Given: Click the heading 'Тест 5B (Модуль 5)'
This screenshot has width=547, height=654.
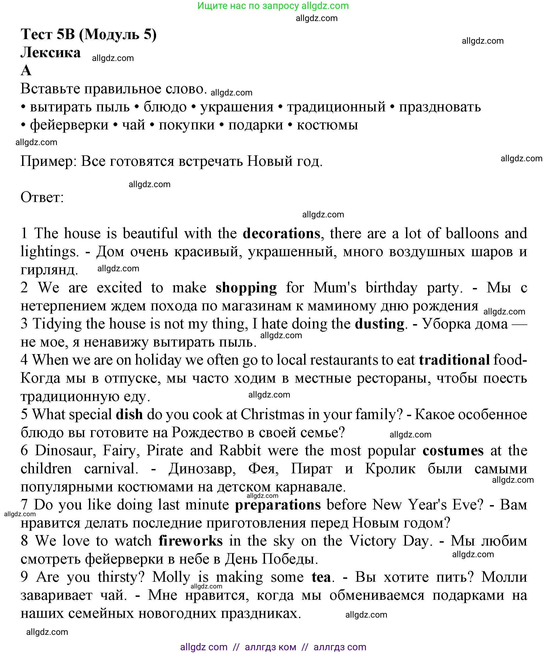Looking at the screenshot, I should point(88,34).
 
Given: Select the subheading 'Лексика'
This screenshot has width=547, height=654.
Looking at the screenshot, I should point(50,52).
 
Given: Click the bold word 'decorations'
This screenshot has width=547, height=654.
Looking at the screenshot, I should point(281,234).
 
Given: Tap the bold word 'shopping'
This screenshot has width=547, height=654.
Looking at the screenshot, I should point(246,288).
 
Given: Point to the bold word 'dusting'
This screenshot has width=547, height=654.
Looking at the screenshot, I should point(380,324).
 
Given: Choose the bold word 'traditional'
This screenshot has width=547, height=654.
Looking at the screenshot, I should point(454,360).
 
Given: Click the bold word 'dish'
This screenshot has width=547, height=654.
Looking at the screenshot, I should point(129,415).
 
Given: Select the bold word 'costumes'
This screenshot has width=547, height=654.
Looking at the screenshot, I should point(453,451).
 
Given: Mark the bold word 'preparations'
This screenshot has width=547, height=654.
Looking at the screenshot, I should point(278,505).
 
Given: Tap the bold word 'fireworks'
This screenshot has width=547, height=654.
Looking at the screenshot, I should point(191,541).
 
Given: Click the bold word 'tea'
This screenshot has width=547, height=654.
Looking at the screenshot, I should point(321,577).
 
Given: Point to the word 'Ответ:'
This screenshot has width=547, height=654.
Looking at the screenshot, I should point(42,197).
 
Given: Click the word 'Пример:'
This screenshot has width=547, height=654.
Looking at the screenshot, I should point(49,161).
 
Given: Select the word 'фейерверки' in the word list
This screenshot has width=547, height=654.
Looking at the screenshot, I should point(69,125).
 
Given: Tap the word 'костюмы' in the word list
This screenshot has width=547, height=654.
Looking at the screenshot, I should point(327,125).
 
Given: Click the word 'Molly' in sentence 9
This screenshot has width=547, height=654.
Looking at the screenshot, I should point(171,577).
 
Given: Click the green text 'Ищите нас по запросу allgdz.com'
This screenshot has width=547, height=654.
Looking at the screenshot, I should point(273,6).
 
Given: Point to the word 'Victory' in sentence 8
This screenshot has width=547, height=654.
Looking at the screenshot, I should point(372,541).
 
